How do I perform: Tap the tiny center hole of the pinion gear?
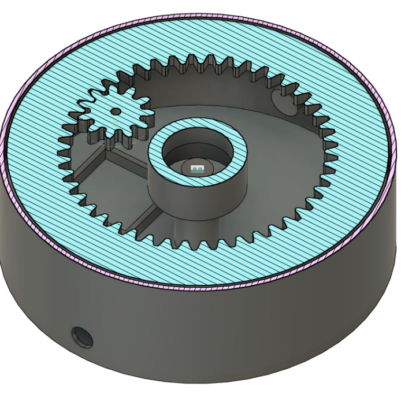point(116,111)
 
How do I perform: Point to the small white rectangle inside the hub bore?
point(197,168)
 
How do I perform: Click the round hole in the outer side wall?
point(81,336)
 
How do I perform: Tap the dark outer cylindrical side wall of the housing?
point(231,335)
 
